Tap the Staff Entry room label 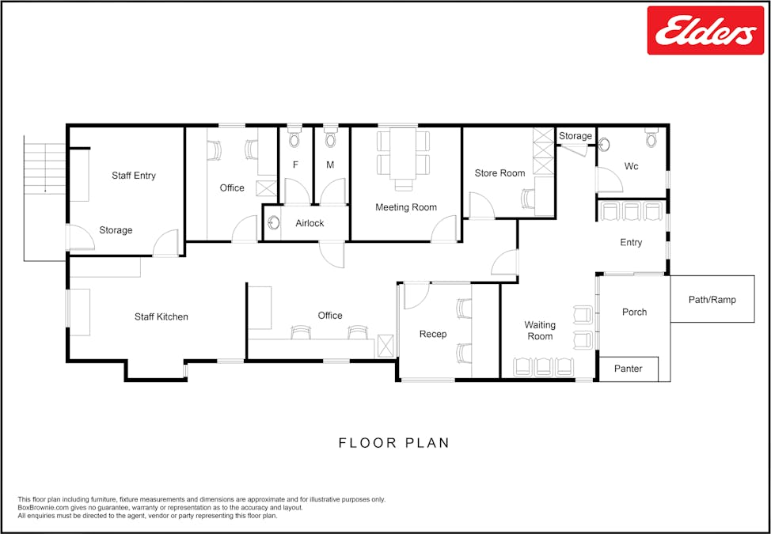point(134,176)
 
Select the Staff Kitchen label point(161,317)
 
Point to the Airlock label point(310,224)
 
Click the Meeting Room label point(406,207)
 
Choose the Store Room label point(499,173)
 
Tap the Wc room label point(631,167)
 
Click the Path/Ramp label point(712,300)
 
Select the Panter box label point(628,369)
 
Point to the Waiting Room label point(540,331)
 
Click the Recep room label point(433,335)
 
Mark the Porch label point(634,312)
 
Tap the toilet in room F point(294,139)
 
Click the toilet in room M point(331,139)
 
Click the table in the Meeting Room point(404,153)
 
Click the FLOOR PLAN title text point(393,443)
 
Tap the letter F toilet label point(296,165)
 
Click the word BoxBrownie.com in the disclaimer point(41,508)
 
